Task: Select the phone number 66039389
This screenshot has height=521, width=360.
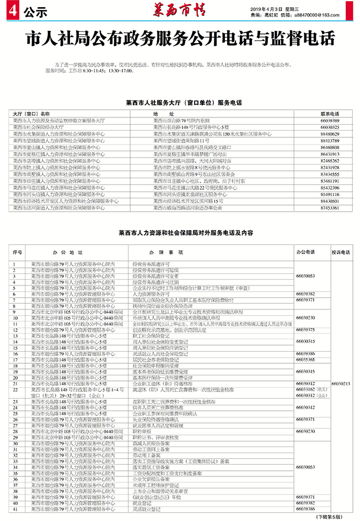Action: [x=330, y=120]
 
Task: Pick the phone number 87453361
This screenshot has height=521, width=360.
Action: [x=330, y=223]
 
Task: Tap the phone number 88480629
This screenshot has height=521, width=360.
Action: [x=330, y=133]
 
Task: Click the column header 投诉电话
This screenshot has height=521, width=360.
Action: [x=340, y=251]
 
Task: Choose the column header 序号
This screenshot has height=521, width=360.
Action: [x=17, y=251]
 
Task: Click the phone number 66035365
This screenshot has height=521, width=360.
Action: [x=305, y=359]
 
